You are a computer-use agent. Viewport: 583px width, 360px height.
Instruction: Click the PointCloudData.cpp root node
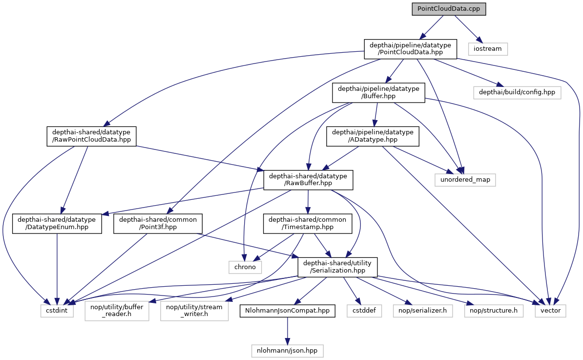pos(449,9)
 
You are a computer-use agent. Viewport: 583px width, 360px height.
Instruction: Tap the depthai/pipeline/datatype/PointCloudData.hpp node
pos(411,49)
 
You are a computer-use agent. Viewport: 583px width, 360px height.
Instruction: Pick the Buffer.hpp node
pos(378,92)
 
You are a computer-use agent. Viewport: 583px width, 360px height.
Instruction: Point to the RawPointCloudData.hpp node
pos(91,136)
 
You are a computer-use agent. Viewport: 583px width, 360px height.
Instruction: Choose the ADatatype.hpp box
pos(373,136)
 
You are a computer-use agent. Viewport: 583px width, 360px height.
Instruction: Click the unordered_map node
pos(465,180)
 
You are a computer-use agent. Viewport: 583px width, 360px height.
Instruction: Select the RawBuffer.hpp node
pos(308,180)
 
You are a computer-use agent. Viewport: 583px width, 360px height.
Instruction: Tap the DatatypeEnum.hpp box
pos(57,224)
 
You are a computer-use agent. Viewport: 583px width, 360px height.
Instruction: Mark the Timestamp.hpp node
pos(309,224)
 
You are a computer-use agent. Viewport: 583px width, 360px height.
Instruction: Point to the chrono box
pos(245,267)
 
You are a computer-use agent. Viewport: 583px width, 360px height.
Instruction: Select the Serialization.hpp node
pos(338,267)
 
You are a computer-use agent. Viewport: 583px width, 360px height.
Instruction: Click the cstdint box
pos(57,311)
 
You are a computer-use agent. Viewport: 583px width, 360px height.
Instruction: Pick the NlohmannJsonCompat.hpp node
pos(287,311)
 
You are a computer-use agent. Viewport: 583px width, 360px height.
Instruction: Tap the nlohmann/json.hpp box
pos(287,350)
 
